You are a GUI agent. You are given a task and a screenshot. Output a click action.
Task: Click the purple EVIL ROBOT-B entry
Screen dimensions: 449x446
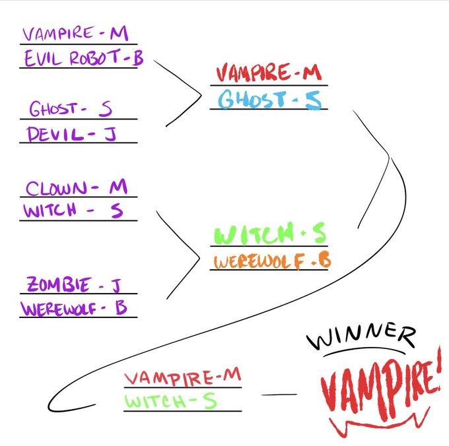83,58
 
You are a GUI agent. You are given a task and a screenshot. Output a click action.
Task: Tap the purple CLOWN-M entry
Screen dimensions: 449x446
76,188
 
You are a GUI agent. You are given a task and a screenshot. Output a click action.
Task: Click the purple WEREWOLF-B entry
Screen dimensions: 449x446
74,308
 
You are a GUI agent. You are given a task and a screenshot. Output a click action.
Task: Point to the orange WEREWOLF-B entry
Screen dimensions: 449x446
271,261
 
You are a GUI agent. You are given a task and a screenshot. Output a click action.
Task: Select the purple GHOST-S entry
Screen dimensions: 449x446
71,109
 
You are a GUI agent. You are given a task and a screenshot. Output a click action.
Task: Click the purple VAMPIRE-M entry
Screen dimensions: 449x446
75,33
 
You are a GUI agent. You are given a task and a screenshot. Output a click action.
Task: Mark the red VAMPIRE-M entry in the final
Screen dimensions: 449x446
183,377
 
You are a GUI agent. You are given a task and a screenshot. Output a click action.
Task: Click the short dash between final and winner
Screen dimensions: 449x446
279,395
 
